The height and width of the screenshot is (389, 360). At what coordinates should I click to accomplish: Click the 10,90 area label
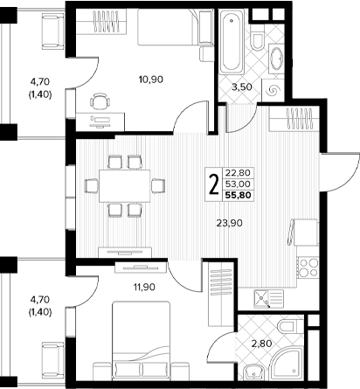click(x=151, y=80)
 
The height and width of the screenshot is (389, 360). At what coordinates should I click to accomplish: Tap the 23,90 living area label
click(x=230, y=223)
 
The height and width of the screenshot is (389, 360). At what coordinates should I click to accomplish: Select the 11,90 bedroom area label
click(x=144, y=288)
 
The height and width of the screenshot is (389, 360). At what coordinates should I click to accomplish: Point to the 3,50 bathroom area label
click(x=241, y=87)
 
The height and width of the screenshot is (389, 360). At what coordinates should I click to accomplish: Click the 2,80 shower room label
click(x=261, y=344)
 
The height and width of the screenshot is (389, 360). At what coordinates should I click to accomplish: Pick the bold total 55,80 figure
click(x=238, y=195)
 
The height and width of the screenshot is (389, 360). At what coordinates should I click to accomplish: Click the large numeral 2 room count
click(x=214, y=184)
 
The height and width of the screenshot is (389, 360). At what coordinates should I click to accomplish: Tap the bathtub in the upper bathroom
click(x=232, y=41)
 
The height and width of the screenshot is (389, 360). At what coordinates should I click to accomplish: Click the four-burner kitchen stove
click(x=308, y=267)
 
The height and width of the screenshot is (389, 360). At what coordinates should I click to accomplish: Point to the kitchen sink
click(x=268, y=299)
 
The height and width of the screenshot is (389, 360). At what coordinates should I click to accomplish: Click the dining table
click(x=125, y=186)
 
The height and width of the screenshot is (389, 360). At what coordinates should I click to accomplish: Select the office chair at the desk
click(x=100, y=101)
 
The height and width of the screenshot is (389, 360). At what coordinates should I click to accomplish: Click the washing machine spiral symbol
click(x=273, y=91)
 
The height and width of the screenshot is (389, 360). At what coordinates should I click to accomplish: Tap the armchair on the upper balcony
click(x=53, y=31)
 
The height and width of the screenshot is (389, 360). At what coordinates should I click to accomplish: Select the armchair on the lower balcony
click(x=53, y=360)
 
